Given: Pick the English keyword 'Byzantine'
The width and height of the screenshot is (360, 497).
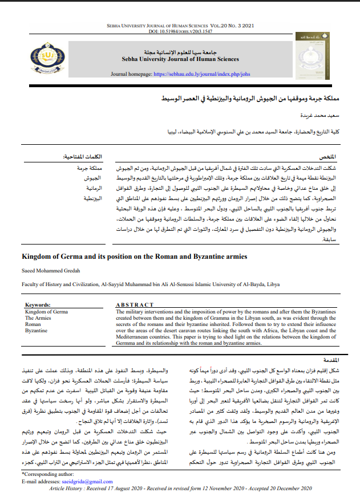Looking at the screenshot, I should click(x=37, y=330).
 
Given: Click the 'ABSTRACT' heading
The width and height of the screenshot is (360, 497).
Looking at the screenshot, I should click(x=135, y=305).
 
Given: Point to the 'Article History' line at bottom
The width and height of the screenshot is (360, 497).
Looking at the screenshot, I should click(x=180, y=488).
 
